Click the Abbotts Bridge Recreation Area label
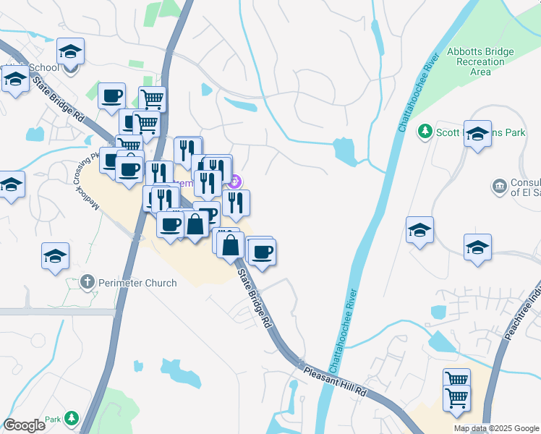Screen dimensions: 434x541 (x=480, y=61)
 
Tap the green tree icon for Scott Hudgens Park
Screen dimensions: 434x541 (x=425, y=131)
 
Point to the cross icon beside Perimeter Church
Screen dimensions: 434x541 (x=88, y=281)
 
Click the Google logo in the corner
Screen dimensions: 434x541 (x=25, y=425)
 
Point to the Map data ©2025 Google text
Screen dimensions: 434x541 (x=497, y=428)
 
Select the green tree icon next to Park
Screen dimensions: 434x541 (x=72, y=418)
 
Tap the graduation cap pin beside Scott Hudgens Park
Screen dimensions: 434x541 (x=477, y=135)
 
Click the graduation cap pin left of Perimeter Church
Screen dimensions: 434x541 (x=55, y=256)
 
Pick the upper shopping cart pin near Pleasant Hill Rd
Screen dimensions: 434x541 (x=456, y=378)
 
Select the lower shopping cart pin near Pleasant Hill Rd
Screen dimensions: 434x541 (x=456, y=396)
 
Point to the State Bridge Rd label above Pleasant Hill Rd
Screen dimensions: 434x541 (x=255, y=299)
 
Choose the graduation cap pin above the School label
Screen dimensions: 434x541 (x=71, y=51)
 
